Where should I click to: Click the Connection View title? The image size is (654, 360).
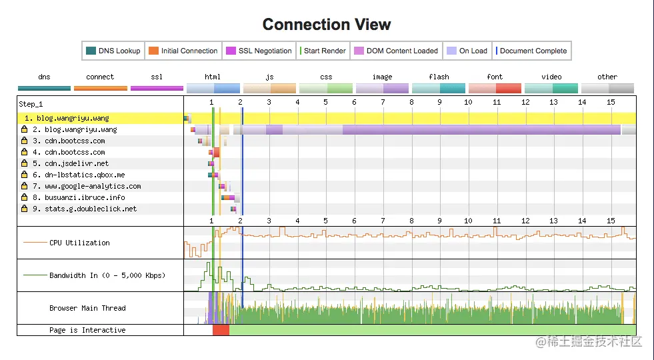[x=327, y=24]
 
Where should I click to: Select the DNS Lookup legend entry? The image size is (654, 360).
[x=113, y=51]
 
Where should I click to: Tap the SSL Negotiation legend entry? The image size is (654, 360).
[x=259, y=51]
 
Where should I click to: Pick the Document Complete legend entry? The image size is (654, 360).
[x=531, y=51]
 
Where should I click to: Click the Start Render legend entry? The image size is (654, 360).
[x=323, y=51]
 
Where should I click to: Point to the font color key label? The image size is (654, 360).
[x=495, y=77]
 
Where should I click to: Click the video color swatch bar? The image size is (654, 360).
[x=551, y=88]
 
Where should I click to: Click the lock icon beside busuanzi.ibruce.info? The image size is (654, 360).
[x=25, y=197]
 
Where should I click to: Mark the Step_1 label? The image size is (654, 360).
[x=31, y=104]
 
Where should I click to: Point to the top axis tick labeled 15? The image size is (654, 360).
[x=611, y=102]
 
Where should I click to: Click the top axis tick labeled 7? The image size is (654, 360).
[x=383, y=102]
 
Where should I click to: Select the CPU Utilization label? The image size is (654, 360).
[x=79, y=243]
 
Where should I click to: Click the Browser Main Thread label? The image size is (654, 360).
[x=87, y=308]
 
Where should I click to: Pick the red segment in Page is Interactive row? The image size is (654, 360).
[x=221, y=330]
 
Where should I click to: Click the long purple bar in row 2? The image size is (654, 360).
[x=481, y=130]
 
